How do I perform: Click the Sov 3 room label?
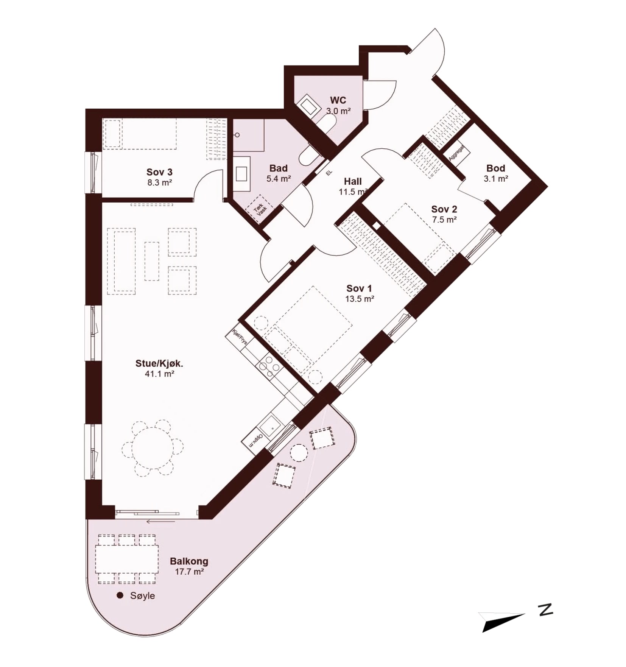click(159, 173)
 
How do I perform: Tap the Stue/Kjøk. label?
click(159, 364)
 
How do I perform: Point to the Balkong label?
click(189, 561)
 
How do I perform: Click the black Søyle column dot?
click(120, 595)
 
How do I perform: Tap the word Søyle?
click(142, 596)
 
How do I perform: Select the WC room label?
click(338, 100)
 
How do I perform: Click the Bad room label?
click(279, 168)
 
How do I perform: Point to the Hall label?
click(353, 181)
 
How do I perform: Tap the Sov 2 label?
click(444, 209)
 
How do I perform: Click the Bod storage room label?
click(496, 168)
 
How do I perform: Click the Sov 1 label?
click(359, 288)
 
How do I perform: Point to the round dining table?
click(153, 449)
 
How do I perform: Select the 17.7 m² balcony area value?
click(189, 572)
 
